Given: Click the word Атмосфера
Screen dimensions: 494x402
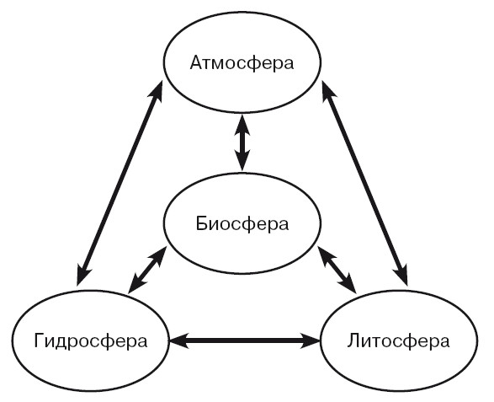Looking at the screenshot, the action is coord(242,64).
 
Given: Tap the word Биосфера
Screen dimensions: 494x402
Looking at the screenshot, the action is coord(242,224).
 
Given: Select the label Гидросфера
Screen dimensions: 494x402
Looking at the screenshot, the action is coord(90,341).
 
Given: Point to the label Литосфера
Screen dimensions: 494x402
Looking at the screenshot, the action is coord(398,341).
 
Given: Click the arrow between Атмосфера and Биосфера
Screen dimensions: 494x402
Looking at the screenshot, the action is coord(242,142).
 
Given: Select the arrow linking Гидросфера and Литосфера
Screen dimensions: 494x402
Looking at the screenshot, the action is coord(245,340).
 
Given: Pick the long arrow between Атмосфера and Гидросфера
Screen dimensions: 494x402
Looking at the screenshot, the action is coord(120,183).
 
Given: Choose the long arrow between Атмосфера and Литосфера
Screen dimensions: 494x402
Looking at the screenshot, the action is coord(365,183).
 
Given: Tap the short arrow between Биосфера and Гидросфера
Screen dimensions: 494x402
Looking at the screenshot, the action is coord(147,270).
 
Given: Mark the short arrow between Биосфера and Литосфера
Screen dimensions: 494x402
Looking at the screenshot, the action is coord(337,270).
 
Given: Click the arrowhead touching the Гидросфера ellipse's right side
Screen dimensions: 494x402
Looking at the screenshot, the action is coord(178,340).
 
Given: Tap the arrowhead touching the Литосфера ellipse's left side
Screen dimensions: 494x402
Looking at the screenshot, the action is coord(311,340).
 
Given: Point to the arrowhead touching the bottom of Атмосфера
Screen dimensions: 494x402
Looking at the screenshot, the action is coord(242,124).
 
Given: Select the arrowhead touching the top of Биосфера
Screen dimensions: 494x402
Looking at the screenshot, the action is coord(242,161).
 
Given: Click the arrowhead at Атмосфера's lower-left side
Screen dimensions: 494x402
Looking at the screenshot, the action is coord(157,92).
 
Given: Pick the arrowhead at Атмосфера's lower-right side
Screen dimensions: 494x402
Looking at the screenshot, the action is coord(327,92).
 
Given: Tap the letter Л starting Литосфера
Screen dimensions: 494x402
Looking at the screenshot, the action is coord(354,340).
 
